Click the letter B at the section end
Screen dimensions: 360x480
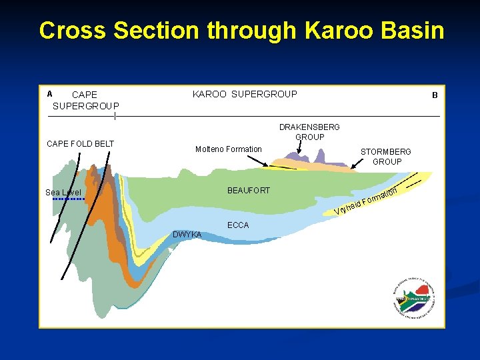tap(434, 95)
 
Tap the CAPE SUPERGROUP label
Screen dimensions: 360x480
tap(85, 100)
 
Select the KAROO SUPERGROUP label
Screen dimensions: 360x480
tap(245, 94)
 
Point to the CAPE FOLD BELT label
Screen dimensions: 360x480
tap(80, 144)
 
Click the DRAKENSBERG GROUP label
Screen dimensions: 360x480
tap(309, 132)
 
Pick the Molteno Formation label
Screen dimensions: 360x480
tap(228, 149)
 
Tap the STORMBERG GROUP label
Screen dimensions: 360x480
tap(387, 157)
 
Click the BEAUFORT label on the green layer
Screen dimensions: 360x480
tap(249, 191)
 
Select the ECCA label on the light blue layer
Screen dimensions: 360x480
tap(238, 225)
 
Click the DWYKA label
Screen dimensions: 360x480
tap(187, 234)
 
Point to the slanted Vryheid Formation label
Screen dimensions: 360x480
tap(366, 203)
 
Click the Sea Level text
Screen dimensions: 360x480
tap(63, 193)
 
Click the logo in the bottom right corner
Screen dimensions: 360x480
tap(414, 297)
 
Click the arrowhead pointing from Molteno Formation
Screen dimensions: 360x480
tap(271, 165)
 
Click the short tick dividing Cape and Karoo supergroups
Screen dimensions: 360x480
tap(115, 117)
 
